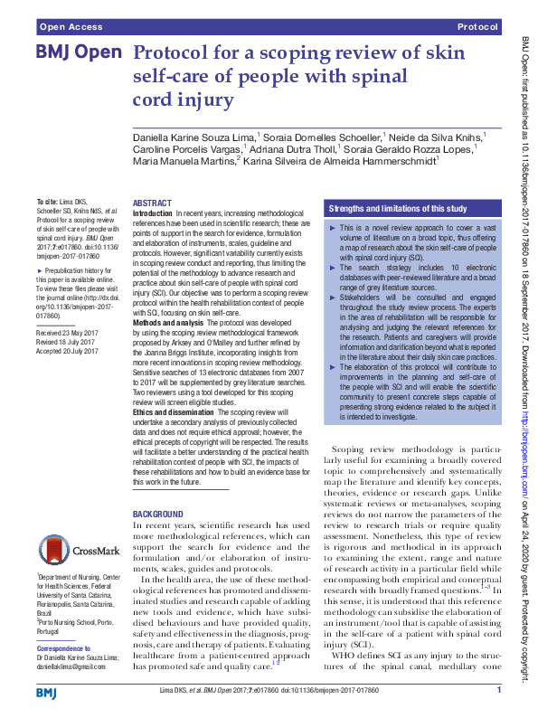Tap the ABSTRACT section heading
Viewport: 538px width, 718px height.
[x=152, y=204]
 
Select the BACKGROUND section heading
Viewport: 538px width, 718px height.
[x=158, y=514]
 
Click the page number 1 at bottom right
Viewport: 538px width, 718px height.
[x=499, y=692]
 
